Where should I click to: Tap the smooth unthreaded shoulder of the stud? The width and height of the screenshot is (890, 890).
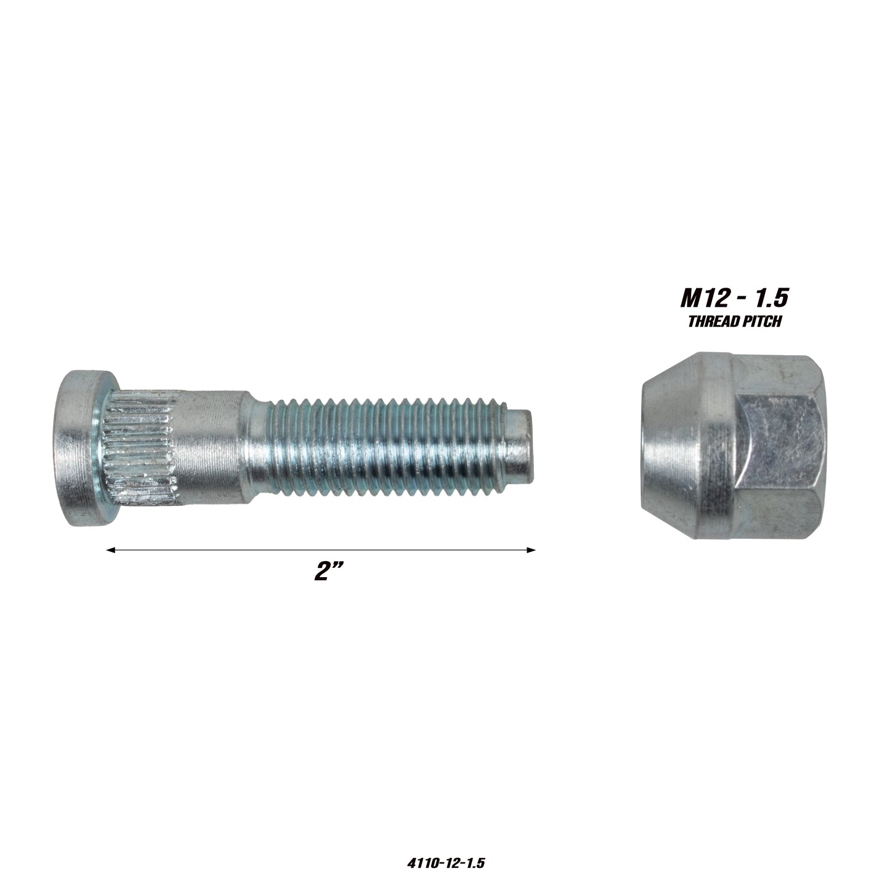coord(210,447)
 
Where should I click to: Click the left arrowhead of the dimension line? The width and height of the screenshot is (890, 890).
coord(111,550)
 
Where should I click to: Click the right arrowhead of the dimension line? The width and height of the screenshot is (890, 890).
coord(531,550)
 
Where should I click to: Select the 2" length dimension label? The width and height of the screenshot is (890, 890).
coord(328,572)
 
